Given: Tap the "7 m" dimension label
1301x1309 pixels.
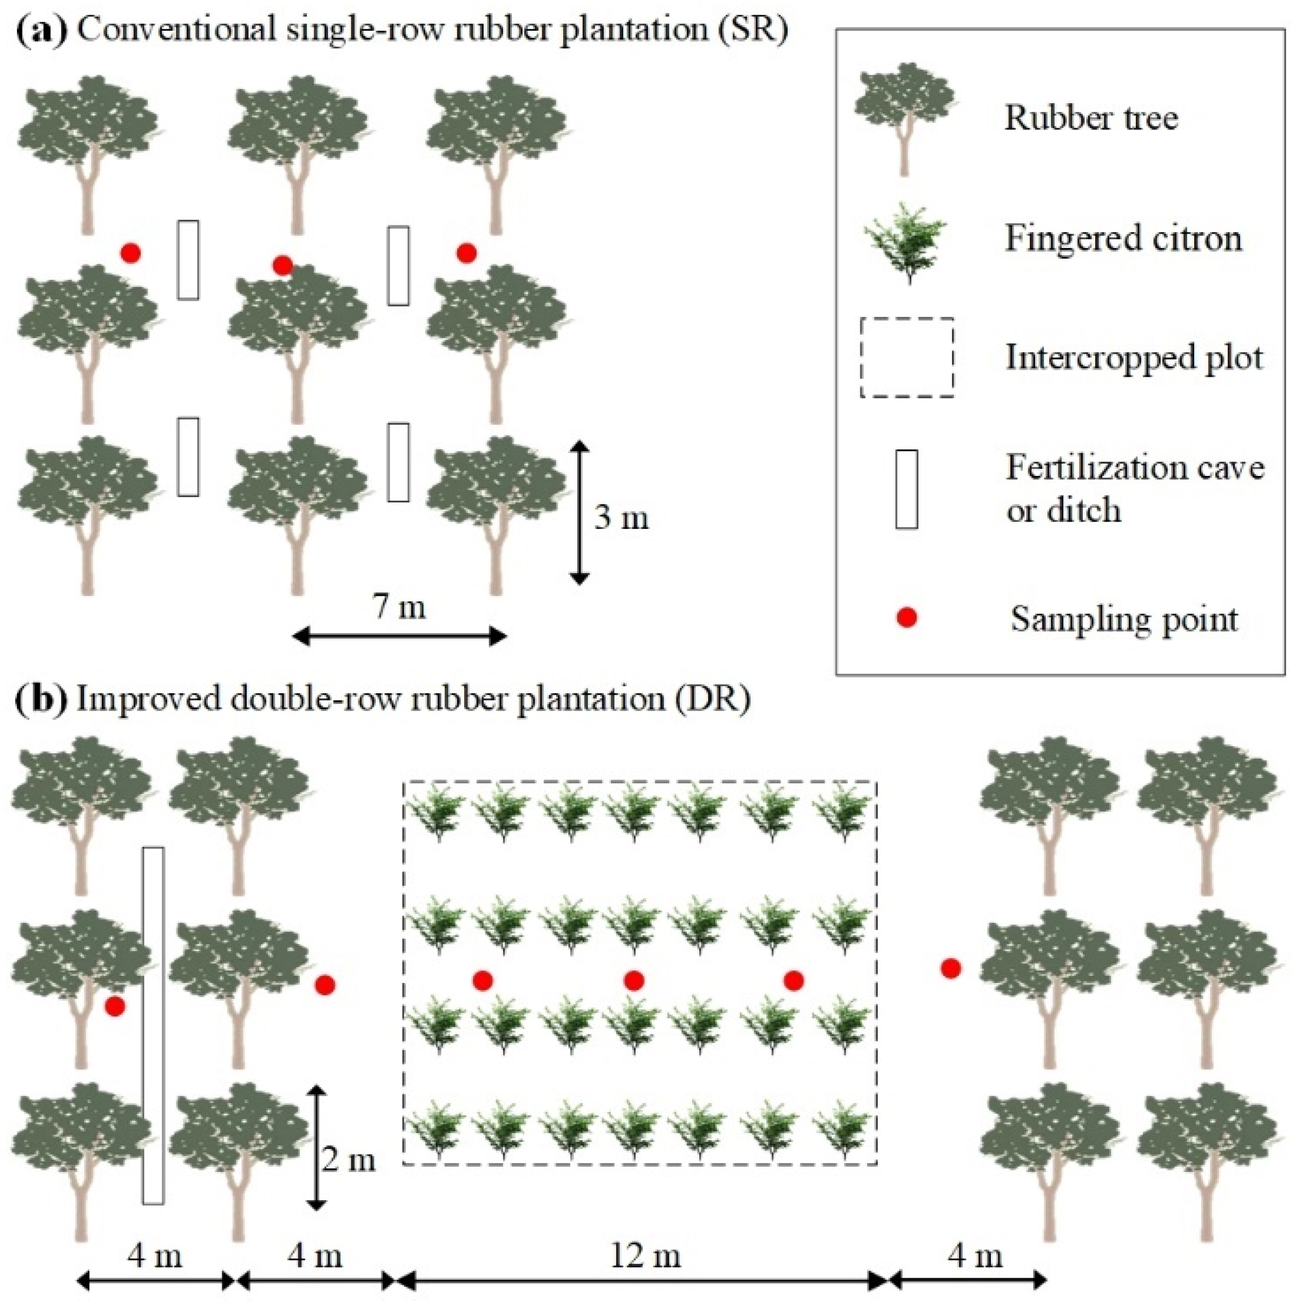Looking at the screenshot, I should pyautogui.click(x=399, y=606).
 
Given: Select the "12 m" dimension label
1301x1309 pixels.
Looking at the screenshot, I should pyautogui.click(x=645, y=1256).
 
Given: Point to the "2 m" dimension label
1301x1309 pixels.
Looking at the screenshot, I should pyautogui.click(x=348, y=1161).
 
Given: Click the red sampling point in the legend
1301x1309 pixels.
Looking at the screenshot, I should pyautogui.click(x=906, y=617).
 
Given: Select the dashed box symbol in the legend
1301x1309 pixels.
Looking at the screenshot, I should pyautogui.click(x=907, y=357).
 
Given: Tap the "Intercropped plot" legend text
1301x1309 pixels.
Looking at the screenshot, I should pyautogui.click(x=1134, y=357).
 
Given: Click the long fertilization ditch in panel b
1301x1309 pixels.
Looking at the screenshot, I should pyautogui.click(x=153, y=1023).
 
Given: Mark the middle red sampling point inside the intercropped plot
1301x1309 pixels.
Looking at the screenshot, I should pyautogui.click(x=633, y=980).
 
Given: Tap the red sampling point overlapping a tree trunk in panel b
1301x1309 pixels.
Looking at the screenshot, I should pyautogui.click(x=114, y=1006).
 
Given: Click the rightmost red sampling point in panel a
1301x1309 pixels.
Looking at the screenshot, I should pyautogui.click(x=466, y=253).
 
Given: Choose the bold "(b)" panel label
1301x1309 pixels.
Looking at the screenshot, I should pyautogui.click(x=41, y=698).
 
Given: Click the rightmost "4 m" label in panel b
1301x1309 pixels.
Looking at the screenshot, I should pyautogui.click(x=974, y=1256).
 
